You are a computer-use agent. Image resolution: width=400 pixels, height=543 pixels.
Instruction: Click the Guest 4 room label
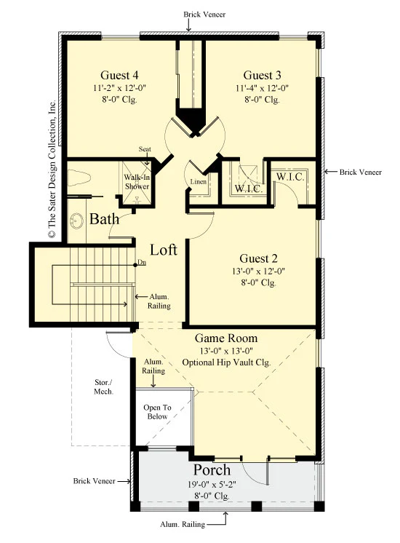pyautogui.click(x=119, y=75)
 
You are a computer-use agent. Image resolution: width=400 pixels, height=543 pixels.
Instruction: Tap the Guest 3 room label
pyautogui.click(x=262, y=75)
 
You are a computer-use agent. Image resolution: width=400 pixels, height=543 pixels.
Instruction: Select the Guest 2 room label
pyautogui.click(x=258, y=258)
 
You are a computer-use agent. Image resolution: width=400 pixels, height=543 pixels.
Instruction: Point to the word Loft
pyautogui.click(x=164, y=250)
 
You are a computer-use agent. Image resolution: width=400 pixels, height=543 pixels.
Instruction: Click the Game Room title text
pyautogui.click(x=226, y=338)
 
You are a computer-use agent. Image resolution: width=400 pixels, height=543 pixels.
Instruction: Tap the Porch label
pyautogui.click(x=212, y=470)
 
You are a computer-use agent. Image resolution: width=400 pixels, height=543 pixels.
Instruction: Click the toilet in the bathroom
pyautogui.click(x=79, y=178)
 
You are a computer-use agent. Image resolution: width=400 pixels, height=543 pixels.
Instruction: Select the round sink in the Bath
pyautogui.click(x=76, y=221)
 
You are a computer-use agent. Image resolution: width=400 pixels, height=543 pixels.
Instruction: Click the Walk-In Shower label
pyautogui.click(x=137, y=182)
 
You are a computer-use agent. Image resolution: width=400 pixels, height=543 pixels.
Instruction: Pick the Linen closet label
pyautogui.click(x=199, y=181)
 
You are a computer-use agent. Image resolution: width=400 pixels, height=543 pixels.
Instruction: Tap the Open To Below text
pyautogui.click(x=157, y=412)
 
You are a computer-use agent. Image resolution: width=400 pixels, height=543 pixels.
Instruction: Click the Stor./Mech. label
pyautogui.click(x=103, y=387)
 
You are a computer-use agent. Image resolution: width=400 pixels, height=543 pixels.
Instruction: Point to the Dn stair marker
pyautogui.click(x=142, y=263)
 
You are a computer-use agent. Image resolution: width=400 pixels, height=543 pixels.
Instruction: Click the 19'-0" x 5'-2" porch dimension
pyautogui.click(x=212, y=485)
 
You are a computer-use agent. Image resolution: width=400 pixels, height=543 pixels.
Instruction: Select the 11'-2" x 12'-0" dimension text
pyautogui.click(x=119, y=88)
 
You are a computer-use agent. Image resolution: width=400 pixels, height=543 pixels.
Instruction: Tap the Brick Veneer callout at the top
pyautogui.click(x=204, y=15)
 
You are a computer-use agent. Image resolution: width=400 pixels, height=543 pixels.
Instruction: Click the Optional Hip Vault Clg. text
pyautogui.click(x=226, y=362)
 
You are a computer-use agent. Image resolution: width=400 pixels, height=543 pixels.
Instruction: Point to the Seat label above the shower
pyautogui.click(x=145, y=149)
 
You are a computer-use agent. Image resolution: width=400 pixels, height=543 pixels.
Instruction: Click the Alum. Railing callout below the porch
pyautogui.click(x=183, y=524)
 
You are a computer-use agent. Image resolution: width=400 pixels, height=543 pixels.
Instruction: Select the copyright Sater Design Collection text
pyautogui.click(x=52, y=170)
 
